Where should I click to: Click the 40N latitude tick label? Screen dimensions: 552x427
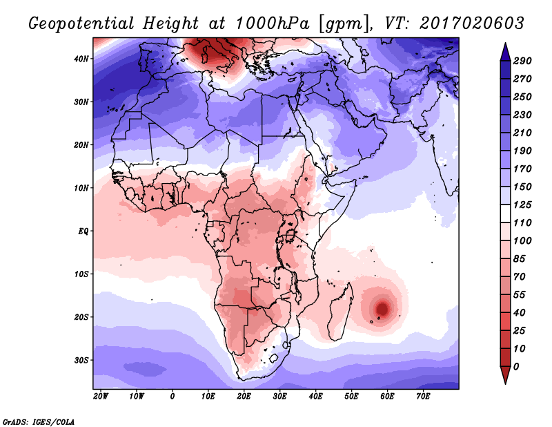(x=81, y=59)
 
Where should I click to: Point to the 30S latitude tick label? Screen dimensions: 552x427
(x=81, y=360)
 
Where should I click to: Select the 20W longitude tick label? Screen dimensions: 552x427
(x=101, y=397)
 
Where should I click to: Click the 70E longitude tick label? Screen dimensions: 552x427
(x=423, y=397)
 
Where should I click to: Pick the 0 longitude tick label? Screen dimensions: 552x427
(x=172, y=397)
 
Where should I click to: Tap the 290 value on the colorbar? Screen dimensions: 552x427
(x=522, y=61)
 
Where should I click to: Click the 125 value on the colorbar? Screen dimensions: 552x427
(x=522, y=205)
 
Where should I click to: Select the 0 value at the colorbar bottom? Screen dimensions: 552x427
(x=516, y=366)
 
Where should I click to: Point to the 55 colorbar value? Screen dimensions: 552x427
(x=520, y=294)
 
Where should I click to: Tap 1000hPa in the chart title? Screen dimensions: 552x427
(x=272, y=23)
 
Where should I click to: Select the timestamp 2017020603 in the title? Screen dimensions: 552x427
(x=472, y=23)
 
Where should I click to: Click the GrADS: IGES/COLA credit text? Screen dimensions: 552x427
(x=39, y=422)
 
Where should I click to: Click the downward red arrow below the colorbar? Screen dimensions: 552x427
(x=505, y=375)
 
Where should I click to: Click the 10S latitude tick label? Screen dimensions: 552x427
(x=81, y=274)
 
